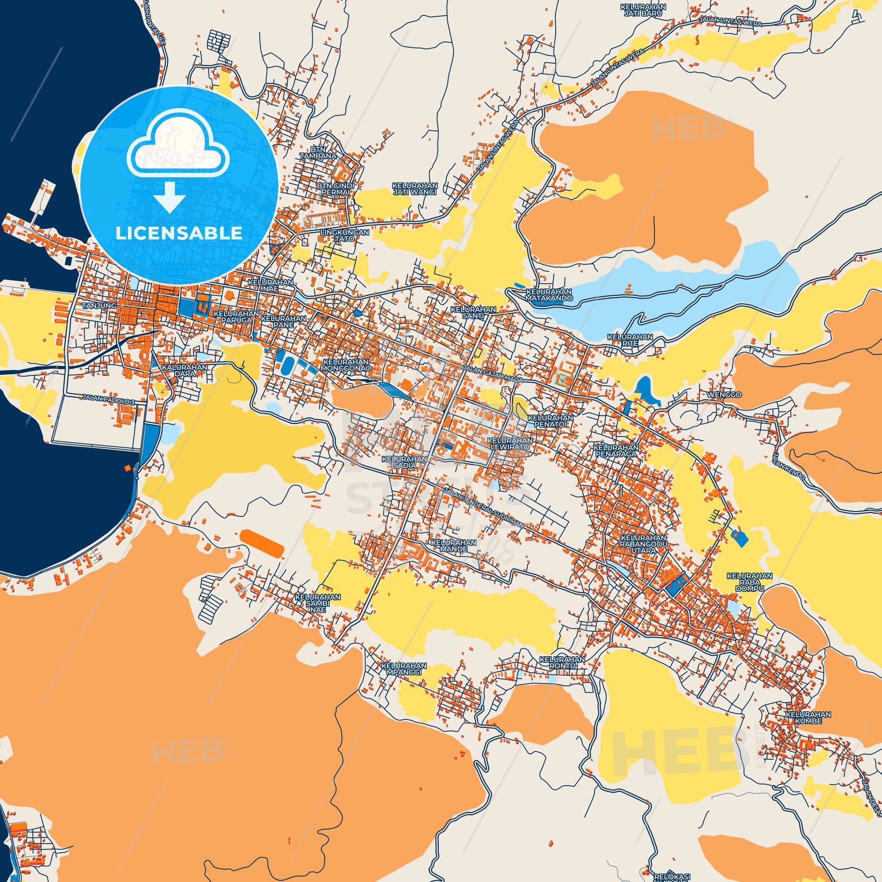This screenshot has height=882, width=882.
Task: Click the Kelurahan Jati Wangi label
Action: point(415,189)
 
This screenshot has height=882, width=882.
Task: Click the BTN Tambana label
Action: point(324,152)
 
